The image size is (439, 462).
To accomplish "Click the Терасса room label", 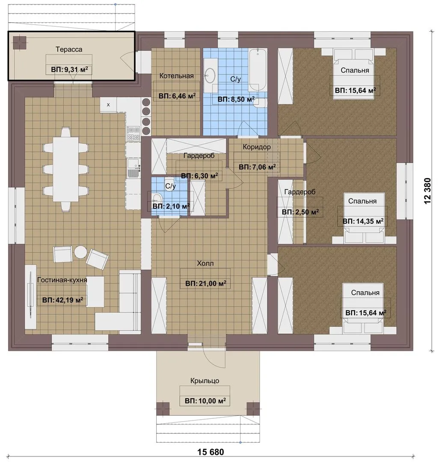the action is coord(69,50).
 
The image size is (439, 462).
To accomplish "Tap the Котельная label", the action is coord(176,76).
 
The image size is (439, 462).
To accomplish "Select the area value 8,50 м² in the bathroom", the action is coord(236,99).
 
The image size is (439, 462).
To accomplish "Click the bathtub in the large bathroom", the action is coord(258,70).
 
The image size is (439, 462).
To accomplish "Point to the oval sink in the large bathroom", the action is coord(211,75).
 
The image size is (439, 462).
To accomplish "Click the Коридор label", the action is coord(257,147).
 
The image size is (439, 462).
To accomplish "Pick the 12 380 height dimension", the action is coord(427,191).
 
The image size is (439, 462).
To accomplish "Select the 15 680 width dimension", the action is coord(211,452).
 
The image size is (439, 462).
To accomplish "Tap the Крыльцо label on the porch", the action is coord(205,381).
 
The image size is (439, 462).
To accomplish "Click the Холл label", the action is coord(205,263).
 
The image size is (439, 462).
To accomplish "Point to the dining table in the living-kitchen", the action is coord(66,169).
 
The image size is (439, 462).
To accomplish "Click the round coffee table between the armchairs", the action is coord(80,252).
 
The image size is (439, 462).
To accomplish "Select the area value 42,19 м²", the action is coord(63,300).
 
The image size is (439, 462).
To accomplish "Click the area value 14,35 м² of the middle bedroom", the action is coord(363,221).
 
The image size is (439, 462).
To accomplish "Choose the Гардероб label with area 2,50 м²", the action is coord(300,192).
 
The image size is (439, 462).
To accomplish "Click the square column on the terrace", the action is coord(19,43).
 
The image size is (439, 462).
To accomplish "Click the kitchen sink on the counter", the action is coord(133,168).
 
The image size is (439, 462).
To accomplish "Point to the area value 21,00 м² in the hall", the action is coord(206,284).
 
